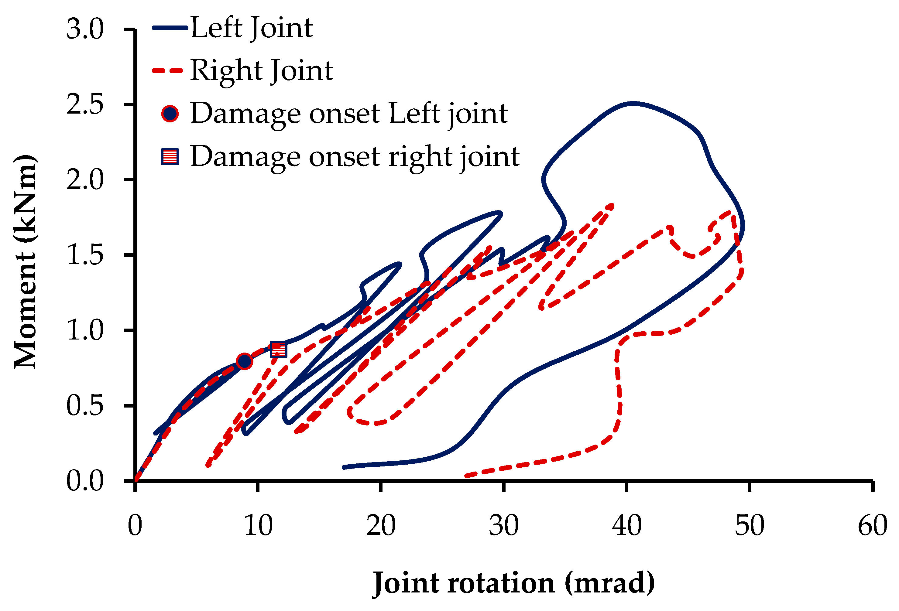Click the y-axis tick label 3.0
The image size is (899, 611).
(85, 29)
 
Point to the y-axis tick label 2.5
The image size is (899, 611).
(85, 105)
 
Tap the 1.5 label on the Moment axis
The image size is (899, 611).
(85, 255)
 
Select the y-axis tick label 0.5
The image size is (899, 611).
(85, 406)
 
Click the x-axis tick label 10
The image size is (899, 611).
(258, 526)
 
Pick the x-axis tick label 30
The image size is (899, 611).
(504, 526)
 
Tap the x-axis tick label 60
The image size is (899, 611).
(873, 526)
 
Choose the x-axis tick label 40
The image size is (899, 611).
(627, 526)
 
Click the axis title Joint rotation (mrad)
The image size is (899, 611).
(514, 583)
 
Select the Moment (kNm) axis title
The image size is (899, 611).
(26, 261)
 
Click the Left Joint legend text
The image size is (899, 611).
(252, 28)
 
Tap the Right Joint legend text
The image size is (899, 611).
(262, 71)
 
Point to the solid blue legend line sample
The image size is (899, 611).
(170, 28)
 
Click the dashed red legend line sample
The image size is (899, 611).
(167, 71)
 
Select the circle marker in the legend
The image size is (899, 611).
(170, 114)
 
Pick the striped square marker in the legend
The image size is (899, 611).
(170, 157)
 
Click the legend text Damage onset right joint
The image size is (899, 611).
(355, 157)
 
